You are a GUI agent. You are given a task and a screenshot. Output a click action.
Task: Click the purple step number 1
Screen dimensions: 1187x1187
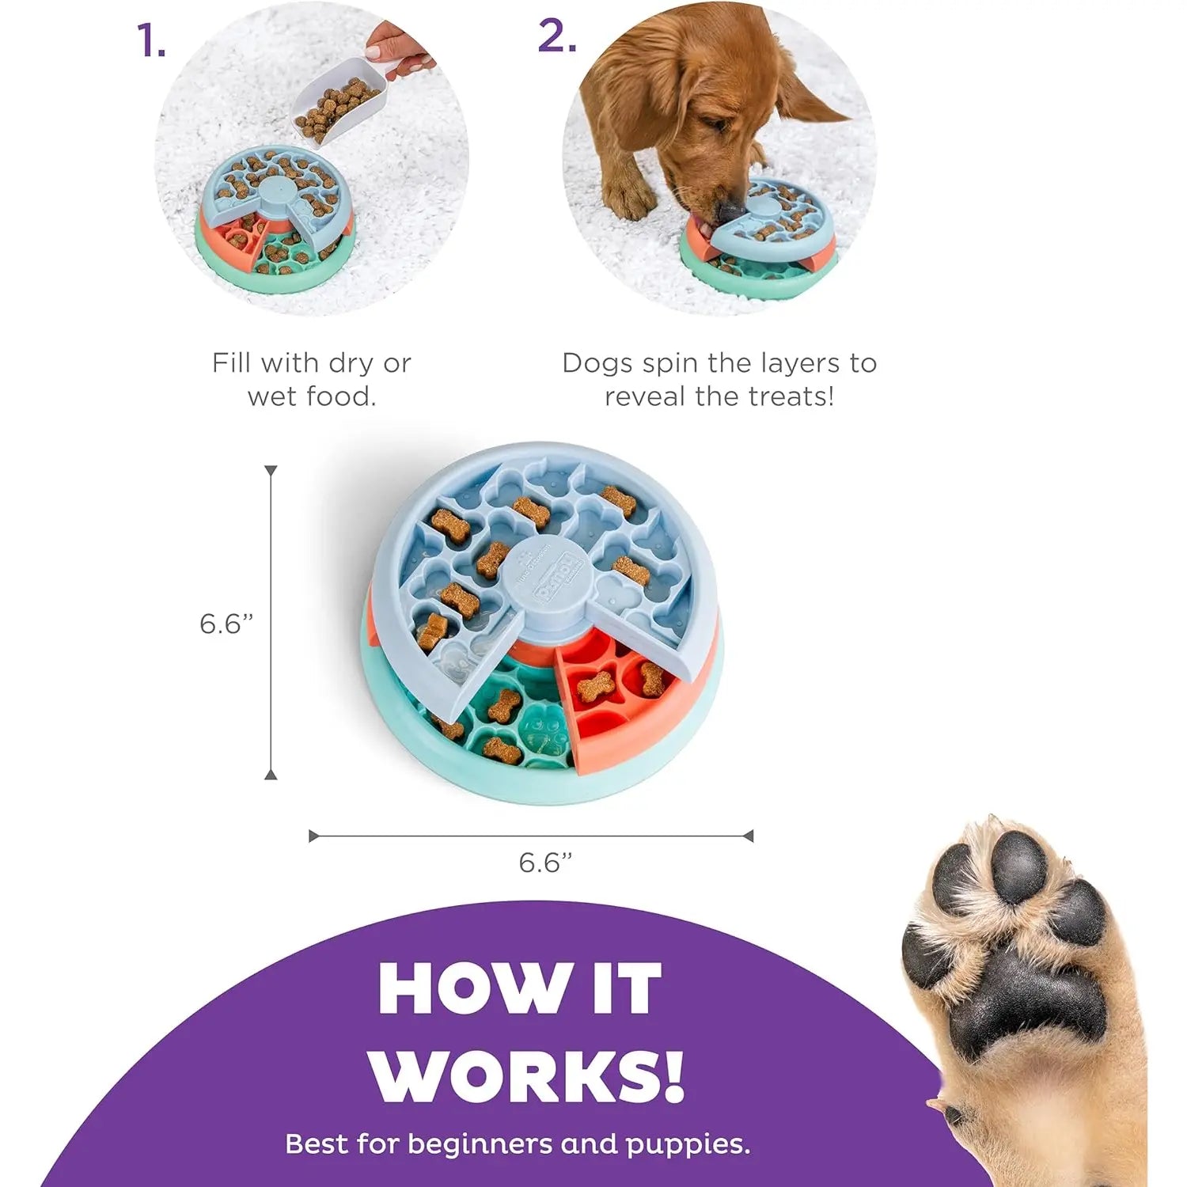point(150,41)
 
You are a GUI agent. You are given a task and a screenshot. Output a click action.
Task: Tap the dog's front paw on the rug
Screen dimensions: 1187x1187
point(629,198)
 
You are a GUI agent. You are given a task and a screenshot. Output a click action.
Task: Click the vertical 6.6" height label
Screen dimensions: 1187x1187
point(226,624)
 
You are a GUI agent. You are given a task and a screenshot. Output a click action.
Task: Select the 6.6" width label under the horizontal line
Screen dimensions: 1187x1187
point(544,862)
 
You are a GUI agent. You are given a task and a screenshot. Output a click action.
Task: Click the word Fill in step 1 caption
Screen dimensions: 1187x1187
point(233,363)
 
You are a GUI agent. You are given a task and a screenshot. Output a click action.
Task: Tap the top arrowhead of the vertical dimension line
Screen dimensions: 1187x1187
point(271,471)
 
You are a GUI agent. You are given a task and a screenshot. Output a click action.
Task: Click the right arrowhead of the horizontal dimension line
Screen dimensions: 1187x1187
point(749,836)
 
